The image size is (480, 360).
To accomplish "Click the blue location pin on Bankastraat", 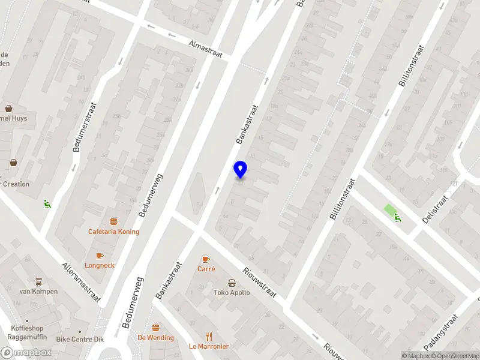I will pyautogui.click(x=240, y=170).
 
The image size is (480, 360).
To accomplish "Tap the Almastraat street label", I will pyautogui.click(x=205, y=50).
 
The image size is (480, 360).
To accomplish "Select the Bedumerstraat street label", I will pyautogui.click(x=85, y=127).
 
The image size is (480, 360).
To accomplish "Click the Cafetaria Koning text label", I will pyautogui.click(x=113, y=232).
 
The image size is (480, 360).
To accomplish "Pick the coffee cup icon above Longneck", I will pyautogui.click(x=100, y=255).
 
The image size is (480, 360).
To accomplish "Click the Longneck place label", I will pyautogui.click(x=100, y=265).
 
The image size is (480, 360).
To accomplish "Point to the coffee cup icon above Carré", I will pyautogui.click(x=206, y=259).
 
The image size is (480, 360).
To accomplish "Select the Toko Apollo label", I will pyautogui.click(x=232, y=293).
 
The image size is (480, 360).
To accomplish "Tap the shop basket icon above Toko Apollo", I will pyautogui.click(x=232, y=283).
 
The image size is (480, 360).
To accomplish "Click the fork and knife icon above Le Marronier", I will pyautogui.click(x=209, y=336).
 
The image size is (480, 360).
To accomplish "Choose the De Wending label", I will pyautogui.click(x=155, y=338).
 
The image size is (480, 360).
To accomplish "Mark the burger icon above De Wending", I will pyautogui.click(x=155, y=328).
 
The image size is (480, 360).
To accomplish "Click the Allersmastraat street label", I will pyautogui.click(x=81, y=281).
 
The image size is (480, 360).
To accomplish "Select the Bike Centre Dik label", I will pyautogui.click(x=79, y=340).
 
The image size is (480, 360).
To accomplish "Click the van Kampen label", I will pyautogui.click(x=38, y=292).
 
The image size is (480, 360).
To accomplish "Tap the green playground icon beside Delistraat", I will pyautogui.click(x=397, y=217).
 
